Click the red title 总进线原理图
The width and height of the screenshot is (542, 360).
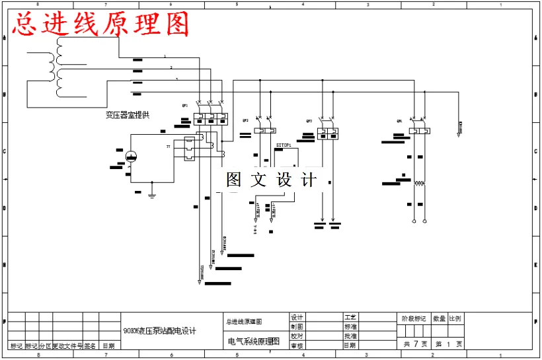pyautogui.click(x=100, y=24)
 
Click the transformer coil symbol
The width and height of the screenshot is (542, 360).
pyautogui.click(x=61, y=66)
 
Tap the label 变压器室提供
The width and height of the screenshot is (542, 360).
pyautogui.click(x=128, y=115)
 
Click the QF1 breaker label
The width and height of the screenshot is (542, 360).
pyautogui.click(x=185, y=105)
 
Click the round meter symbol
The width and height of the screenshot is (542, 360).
pyautogui.click(x=131, y=156)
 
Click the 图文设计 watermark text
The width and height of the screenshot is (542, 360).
pyautogui.click(x=271, y=180)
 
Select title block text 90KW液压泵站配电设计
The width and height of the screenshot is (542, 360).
pyautogui.click(x=159, y=330)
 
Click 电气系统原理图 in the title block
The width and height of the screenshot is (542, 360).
pyautogui.click(x=254, y=342)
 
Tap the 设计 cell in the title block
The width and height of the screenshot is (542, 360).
pyautogui.click(x=297, y=318)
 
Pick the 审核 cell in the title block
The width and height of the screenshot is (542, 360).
pyautogui.click(x=297, y=345)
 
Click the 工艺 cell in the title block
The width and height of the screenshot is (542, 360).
pyautogui.click(x=350, y=318)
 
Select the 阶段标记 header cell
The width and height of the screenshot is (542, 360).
pyautogui.click(x=414, y=318)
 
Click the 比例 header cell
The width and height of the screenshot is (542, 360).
pyautogui.click(x=455, y=318)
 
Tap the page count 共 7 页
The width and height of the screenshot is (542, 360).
pyautogui.click(x=415, y=343)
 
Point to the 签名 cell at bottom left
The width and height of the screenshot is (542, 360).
pyautogui.click(x=91, y=345)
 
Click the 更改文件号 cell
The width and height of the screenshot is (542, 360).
pyautogui.click(x=67, y=345)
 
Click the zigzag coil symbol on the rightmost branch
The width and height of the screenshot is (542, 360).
pyautogui.click(x=418, y=183)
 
